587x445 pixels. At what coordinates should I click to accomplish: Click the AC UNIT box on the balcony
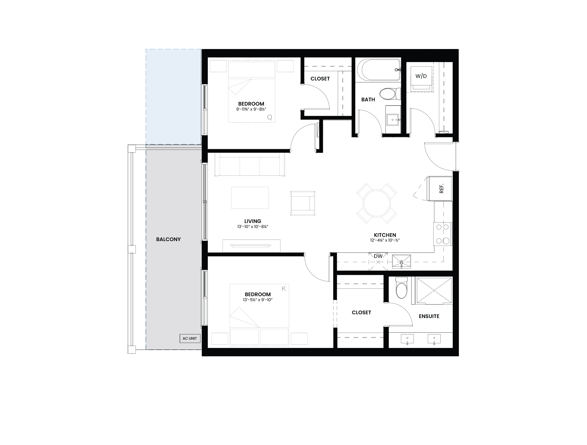[x=190, y=338]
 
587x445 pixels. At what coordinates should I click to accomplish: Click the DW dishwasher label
[x=378, y=256]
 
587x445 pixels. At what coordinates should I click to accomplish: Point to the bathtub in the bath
[x=379, y=70]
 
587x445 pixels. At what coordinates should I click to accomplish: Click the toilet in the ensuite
[x=401, y=288]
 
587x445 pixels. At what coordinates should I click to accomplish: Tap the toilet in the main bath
[x=390, y=94]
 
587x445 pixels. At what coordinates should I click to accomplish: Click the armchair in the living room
[x=303, y=203]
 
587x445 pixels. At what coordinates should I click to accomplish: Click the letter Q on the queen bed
[x=270, y=117]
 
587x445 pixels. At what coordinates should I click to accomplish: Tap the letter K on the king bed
[x=284, y=289]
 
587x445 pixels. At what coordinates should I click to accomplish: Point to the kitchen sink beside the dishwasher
[x=401, y=262]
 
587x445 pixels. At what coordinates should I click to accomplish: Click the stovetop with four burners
[x=443, y=234]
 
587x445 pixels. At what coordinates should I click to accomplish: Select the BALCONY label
[x=168, y=239]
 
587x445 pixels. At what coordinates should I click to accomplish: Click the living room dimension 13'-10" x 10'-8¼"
[x=253, y=227]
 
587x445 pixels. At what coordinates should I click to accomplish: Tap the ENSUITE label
[x=429, y=316]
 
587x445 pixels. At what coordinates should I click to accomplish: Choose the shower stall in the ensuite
[x=434, y=290]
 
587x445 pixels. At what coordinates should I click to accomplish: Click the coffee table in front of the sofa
[x=250, y=198]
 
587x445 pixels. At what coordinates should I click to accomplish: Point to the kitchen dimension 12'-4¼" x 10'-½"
[x=385, y=240]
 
